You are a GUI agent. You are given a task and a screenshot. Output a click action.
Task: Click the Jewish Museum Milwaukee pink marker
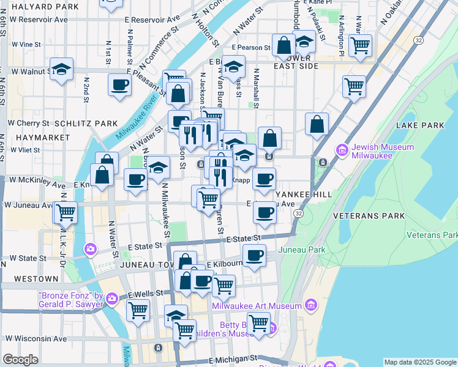(342, 149)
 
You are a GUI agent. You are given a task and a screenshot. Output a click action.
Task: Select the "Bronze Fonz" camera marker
(112, 298)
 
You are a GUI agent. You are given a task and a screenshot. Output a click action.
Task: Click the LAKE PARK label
(420, 125)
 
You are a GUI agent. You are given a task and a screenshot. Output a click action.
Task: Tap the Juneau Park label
(301, 250)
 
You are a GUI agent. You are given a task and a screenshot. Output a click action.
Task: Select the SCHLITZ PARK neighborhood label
(86, 123)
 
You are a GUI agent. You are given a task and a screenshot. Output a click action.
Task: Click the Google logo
(20, 360)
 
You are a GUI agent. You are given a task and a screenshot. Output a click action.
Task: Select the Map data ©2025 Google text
(420, 362)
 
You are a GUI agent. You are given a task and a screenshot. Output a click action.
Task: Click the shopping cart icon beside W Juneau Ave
(66, 212)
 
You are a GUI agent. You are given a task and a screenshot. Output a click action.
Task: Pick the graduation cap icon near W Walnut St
(62, 69)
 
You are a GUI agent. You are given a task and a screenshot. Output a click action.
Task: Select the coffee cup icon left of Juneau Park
(254, 255)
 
